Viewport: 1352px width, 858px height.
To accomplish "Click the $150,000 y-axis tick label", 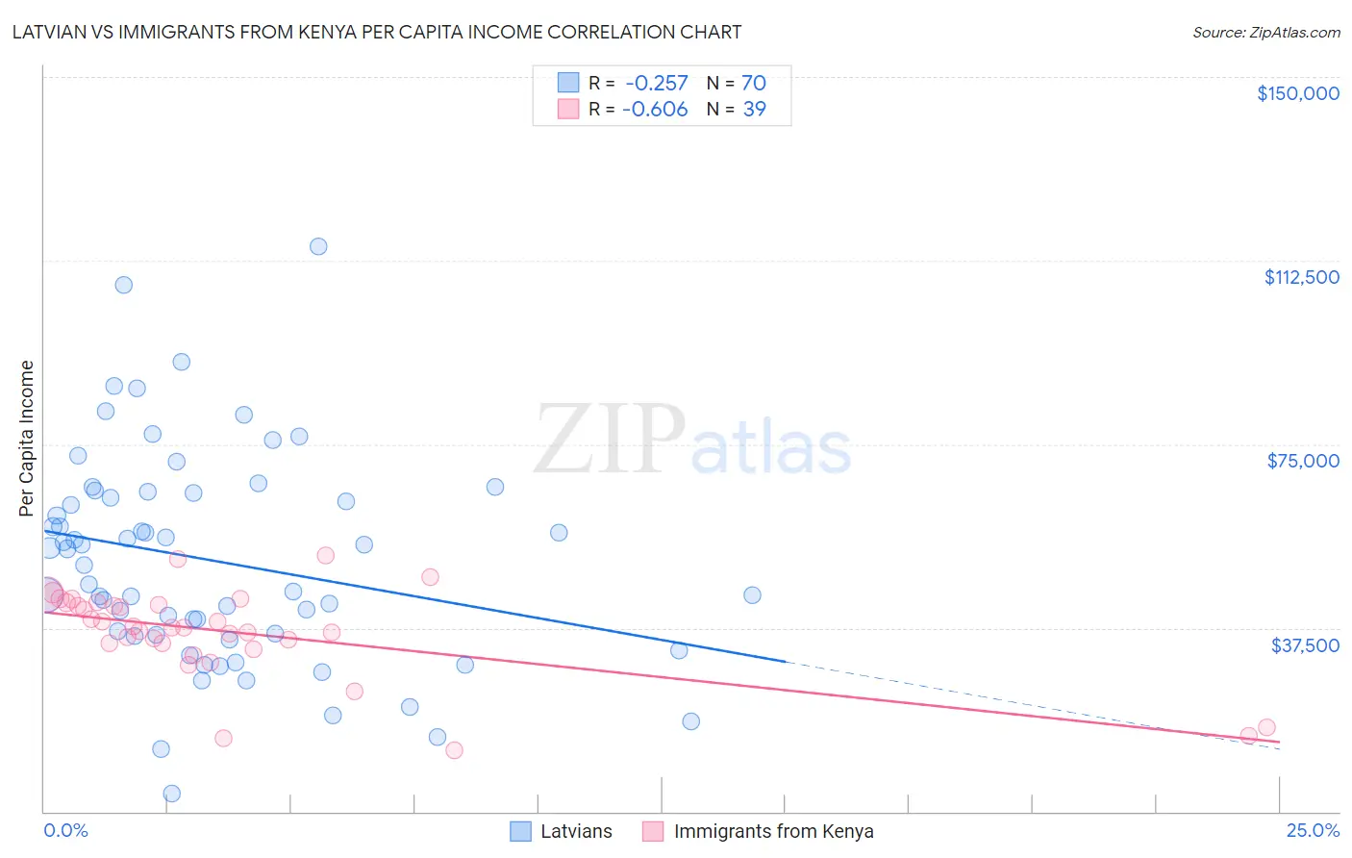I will pyautogui.click(x=1297, y=93).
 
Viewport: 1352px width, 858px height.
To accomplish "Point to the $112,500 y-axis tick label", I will pyautogui.click(x=1301, y=277).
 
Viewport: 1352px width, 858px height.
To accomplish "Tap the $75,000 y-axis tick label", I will pyautogui.click(x=1303, y=461).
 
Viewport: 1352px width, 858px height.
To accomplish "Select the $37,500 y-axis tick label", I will pyautogui.click(x=1305, y=645).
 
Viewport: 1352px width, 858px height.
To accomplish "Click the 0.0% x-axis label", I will pyautogui.click(x=65, y=831).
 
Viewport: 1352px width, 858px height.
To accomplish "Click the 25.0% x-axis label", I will pyautogui.click(x=1313, y=831).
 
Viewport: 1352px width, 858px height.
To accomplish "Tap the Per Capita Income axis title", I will pyautogui.click(x=27, y=438).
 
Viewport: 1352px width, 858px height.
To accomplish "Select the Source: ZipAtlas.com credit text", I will pyautogui.click(x=1265, y=33).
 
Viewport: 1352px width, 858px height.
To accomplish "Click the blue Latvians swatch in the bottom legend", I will pyautogui.click(x=520, y=832).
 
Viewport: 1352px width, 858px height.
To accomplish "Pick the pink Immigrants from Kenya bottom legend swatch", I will pyautogui.click(x=653, y=832).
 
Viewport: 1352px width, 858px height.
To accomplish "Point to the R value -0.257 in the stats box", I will pyautogui.click(x=656, y=84).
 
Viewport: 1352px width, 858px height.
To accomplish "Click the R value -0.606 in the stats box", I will pyautogui.click(x=655, y=110).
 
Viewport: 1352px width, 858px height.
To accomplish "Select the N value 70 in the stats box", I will pyautogui.click(x=754, y=84).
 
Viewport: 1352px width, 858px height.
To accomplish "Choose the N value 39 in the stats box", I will pyautogui.click(x=755, y=110).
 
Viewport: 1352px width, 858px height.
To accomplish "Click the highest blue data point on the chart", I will pyautogui.click(x=318, y=246).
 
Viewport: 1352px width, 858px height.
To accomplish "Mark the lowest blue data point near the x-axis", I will pyautogui.click(x=172, y=794).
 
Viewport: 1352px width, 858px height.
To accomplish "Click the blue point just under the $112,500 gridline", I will pyautogui.click(x=124, y=285).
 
